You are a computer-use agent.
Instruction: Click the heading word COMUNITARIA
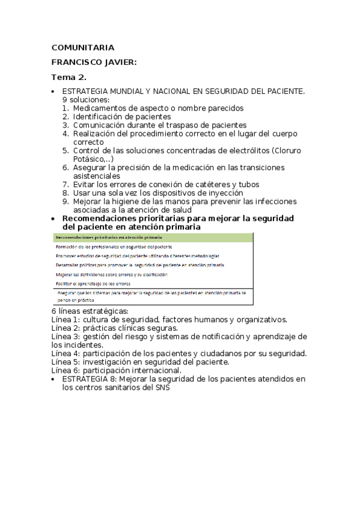pyautogui.click(x=82, y=48)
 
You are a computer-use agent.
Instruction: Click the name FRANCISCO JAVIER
pyautogui.click(x=94, y=62)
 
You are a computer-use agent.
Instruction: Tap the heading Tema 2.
pyautogui.click(x=69, y=77)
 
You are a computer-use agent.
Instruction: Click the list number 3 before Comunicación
pyautogui.click(x=66, y=125)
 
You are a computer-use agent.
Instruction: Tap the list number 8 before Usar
pyautogui.click(x=66, y=193)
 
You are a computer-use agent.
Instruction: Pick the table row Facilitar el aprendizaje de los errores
pyautogui.click(x=93, y=283)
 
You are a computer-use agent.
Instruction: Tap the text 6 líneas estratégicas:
pyautogui.click(x=90, y=311)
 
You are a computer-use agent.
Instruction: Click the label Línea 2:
pyautogui.click(x=66, y=328)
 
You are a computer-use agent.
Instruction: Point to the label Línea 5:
pyautogui.click(x=66, y=362)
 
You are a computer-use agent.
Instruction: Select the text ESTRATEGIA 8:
pyautogui.click(x=90, y=379)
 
